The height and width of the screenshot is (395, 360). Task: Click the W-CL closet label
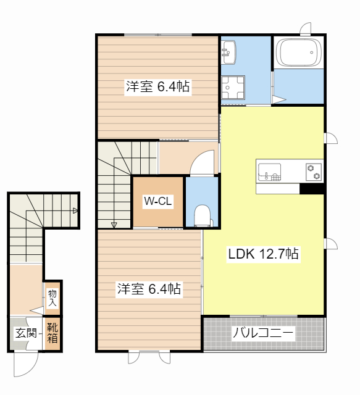(157, 201)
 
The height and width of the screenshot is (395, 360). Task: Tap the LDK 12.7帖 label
(264, 253)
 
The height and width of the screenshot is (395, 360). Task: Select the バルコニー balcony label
(263, 334)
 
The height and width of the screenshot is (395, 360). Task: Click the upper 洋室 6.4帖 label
(157, 87)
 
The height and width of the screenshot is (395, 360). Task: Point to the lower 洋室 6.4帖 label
(149, 288)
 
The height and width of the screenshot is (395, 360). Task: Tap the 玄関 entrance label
(25, 333)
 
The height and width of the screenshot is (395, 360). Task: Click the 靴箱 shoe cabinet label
(53, 333)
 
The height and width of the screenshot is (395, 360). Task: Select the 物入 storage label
(52, 299)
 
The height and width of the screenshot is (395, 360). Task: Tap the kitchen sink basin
(269, 171)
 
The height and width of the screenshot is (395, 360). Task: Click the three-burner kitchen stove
(313, 171)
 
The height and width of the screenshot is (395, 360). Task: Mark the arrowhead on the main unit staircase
(114, 225)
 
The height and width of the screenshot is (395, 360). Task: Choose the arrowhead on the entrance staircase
(75, 210)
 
